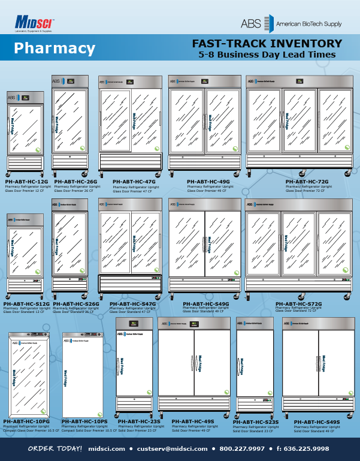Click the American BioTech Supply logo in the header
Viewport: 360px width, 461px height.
(x=291, y=23)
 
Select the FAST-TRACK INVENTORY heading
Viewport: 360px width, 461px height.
(x=267, y=44)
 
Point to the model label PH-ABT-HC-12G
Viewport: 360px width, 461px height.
(x=26, y=180)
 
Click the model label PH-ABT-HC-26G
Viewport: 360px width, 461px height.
(x=75, y=180)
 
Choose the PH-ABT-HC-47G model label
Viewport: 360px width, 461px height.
(x=134, y=180)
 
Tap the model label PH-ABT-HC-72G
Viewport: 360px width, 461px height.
(x=307, y=180)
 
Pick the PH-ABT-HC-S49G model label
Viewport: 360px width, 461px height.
(x=206, y=304)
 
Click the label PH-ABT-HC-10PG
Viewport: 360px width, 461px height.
(x=26, y=422)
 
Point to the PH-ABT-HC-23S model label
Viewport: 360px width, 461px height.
(x=139, y=422)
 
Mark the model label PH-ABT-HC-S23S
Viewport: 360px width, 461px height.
(x=256, y=422)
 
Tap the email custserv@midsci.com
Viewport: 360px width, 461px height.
(x=170, y=448)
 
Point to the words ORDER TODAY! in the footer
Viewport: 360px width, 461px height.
(x=55, y=448)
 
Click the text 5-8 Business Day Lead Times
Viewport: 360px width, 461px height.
(x=267, y=55)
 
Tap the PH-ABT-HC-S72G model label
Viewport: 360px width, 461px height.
(x=298, y=304)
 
